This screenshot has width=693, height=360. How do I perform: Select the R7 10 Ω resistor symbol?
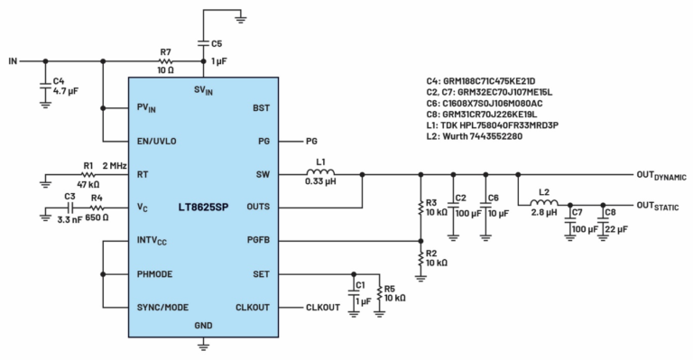[165, 61]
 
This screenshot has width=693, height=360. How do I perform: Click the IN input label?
[13, 61]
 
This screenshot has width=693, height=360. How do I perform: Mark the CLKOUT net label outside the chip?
[324, 308]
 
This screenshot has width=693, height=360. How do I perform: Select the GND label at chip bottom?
[205, 325]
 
